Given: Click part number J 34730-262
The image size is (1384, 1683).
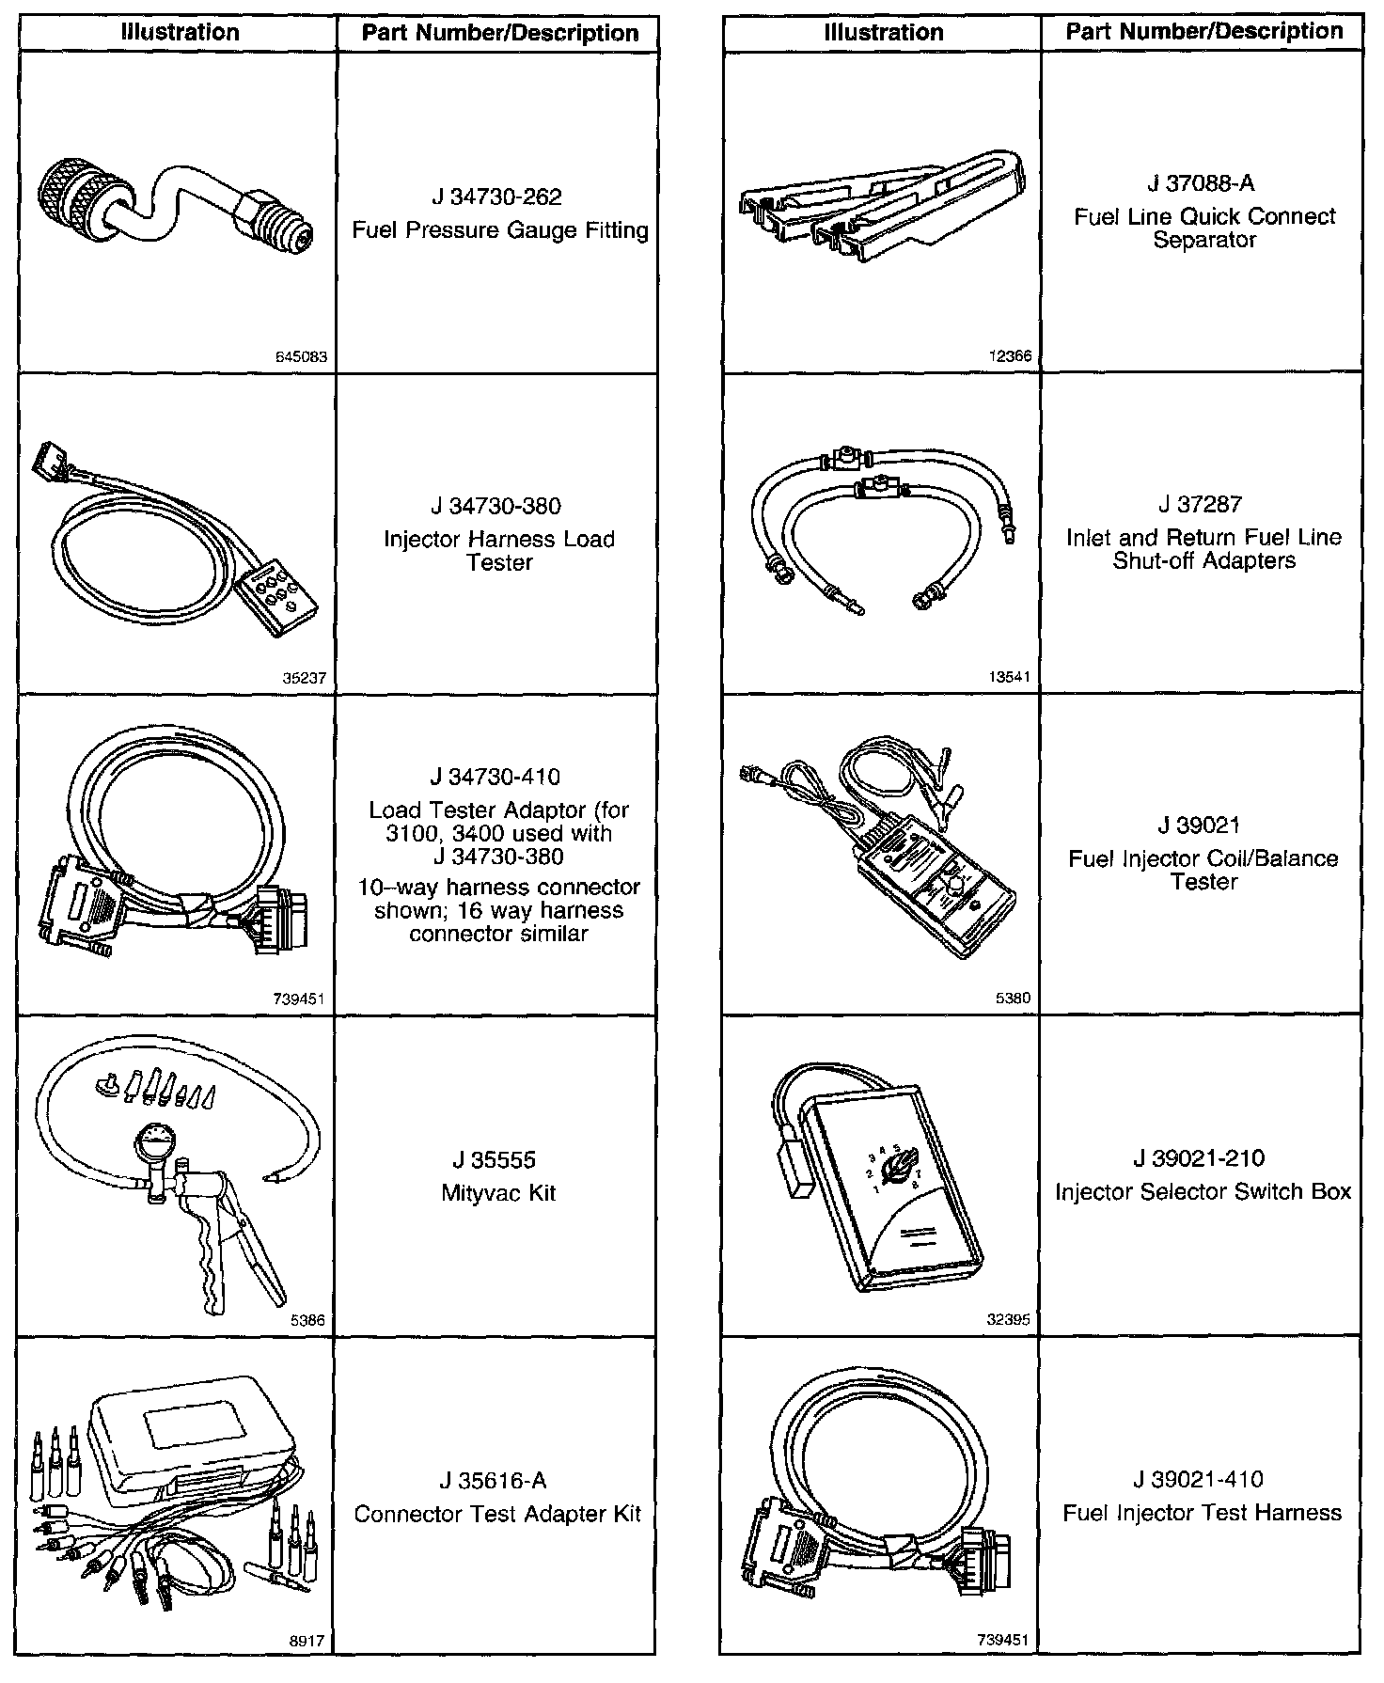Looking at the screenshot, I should pyautogui.click(x=496, y=197).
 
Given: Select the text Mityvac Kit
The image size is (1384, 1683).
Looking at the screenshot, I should pyautogui.click(x=498, y=1193).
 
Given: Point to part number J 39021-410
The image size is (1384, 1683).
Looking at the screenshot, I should pyautogui.click(x=1202, y=1480).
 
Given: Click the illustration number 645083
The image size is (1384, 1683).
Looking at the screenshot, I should pyautogui.click(x=300, y=357).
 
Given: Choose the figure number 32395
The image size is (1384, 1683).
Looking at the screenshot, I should pyautogui.click(x=1008, y=1319).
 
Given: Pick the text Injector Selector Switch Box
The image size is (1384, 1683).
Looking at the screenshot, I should pyautogui.click(x=1203, y=1192).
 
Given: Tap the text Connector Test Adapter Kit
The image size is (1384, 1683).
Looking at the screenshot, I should pyautogui.click(x=497, y=1514).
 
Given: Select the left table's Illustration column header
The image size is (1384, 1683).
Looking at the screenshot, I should pyautogui.click(x=179, y=33).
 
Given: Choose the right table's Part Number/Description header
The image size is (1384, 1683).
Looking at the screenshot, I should pyautogui.click(x=1203, y=32).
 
